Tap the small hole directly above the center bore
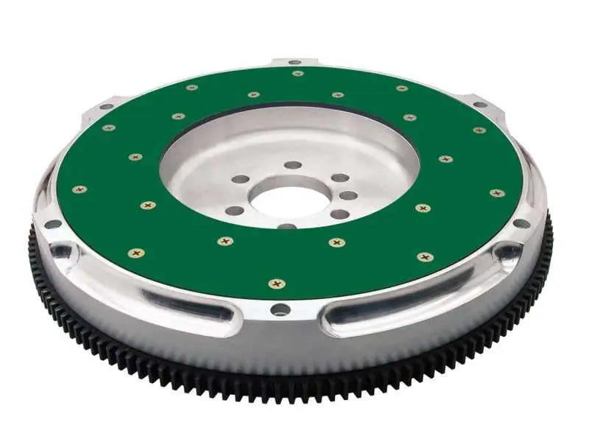point(293,165)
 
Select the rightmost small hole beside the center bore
point(348,196)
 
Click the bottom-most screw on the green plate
point(277,284)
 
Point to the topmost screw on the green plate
point(297,74)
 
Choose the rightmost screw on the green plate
point(497,193)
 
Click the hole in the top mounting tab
point(294,62)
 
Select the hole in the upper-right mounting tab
point(480,105)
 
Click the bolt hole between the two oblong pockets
point(280,309)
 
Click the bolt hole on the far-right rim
point(521,223)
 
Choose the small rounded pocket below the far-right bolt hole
point(508,253)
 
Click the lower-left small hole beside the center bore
point(234,211)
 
